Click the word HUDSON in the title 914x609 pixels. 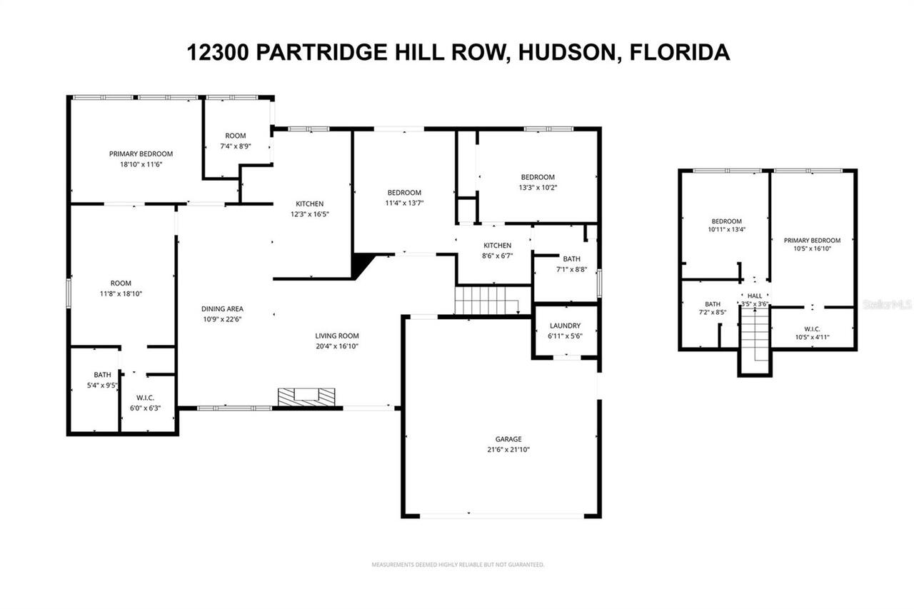tap(564, 52)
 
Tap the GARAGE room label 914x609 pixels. tap(508, 439)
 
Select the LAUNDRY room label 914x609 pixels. tap(564, 326)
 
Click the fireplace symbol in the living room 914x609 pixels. tap(306, 396)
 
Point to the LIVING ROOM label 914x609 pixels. tap(337, 336)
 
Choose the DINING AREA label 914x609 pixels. tap(221, 309)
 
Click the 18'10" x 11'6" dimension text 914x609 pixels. tap(141, 164)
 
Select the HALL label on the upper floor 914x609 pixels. tap(755, 295)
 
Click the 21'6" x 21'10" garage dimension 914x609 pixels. tap(508, 450)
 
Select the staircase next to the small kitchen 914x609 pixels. tap(486, 300)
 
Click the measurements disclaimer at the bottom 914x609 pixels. tap(458, 565)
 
